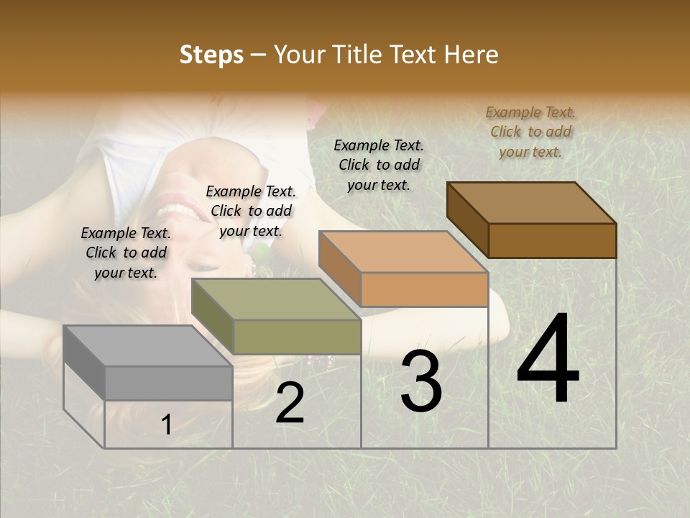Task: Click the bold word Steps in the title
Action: (211, 55)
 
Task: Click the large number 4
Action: (548, 360)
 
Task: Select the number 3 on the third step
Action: (421, 381)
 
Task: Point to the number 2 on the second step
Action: (290, 404)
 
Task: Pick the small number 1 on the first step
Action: (167, 425)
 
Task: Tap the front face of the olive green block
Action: (297, 337)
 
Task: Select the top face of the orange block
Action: (402, 252)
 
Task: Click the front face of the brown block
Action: (552, 240)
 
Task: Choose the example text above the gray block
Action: (126, 253)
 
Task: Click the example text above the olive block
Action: (251, 211)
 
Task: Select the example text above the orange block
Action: (379, 165)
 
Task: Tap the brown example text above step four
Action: (530, 132)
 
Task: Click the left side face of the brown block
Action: (467, 219)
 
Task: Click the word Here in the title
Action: (471, 55)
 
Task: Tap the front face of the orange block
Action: (424, 289)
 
